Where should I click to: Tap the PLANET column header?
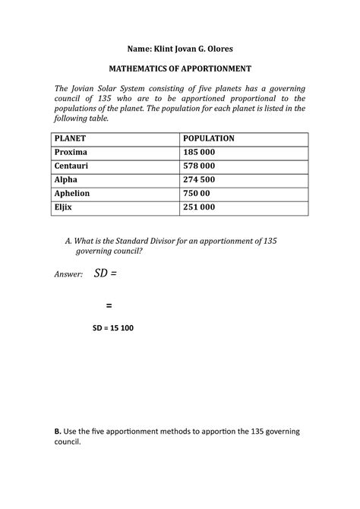pyautogui.click(x=70, y=139)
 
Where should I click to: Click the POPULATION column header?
pyautogui.click(x=209, y=139)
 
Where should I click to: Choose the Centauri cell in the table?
pyautogui.click(x=74, y=166)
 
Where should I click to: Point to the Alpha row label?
pyautogui.click(x=66, y=180)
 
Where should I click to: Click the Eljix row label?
pyautogui.click(x=65, y=207)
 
